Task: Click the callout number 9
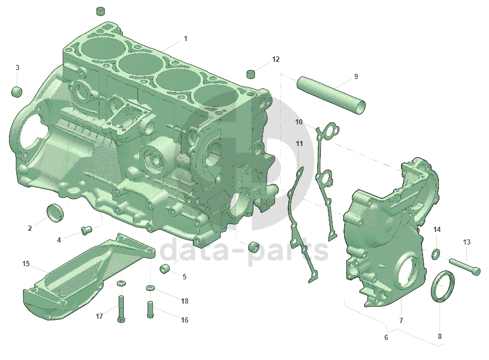pyautogui.click(x=356, y=76)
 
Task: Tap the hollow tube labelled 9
pyautogui.click(x=331, y=95)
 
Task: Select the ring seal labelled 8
pyautogui.click(x=442, y=286)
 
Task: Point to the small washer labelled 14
pyautogui.click(x=436, y=254)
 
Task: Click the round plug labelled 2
pyautogui.click(x=55, y=213)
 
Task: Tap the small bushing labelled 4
pyautogui.click(x=86, y=230)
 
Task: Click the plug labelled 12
pyautogui.click(x=251, y=74)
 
